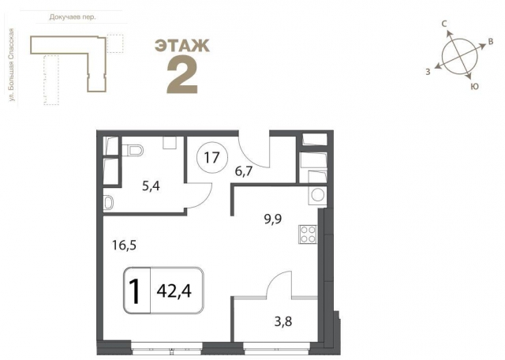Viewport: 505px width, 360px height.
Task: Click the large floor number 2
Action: point(182,77)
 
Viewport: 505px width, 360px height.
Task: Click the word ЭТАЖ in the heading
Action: point(182,46)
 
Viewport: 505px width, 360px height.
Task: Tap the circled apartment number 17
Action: point(212,158)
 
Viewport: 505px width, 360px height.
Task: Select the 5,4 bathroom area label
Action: point(151,186)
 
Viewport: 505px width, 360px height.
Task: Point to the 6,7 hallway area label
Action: point(244,171)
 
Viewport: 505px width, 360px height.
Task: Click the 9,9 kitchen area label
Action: point(273,219)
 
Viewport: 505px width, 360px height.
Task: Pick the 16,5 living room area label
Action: point(125,246)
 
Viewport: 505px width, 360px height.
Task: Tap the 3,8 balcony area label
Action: point(283,321)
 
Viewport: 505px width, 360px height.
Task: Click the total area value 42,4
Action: point(174,291)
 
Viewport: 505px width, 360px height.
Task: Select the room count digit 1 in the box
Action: point(135,291)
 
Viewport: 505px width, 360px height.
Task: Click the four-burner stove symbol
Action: point(308,234)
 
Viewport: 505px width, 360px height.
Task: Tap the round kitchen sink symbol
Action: point(318,195)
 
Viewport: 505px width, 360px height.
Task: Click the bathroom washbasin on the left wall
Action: point(108,203)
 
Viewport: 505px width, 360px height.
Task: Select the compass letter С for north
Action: point(444,24)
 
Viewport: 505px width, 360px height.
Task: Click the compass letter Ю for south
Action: point(474,86)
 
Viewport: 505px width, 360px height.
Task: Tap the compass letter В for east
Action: point(491,42)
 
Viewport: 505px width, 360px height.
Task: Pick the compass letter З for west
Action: point(428,72)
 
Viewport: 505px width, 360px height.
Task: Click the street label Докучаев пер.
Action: point(73,17)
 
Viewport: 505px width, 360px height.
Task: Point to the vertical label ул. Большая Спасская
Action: point(12,65)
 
